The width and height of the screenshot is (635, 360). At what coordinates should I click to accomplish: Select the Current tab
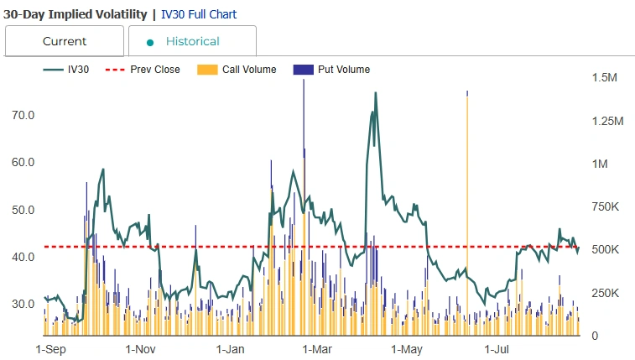point(65,41)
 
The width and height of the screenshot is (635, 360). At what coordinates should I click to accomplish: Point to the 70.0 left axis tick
point(23,115)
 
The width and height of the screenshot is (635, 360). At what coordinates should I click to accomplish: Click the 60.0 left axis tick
point(23,162)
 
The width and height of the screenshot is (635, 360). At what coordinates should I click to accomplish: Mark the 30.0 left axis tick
point(23,304)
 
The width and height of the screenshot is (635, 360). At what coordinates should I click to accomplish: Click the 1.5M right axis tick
point(605,78)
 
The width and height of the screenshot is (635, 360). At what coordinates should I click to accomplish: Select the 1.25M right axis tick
point(607,121)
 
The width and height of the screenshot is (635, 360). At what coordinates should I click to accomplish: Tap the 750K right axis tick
point(606,207)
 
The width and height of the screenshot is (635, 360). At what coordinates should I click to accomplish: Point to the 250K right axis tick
point(606,293)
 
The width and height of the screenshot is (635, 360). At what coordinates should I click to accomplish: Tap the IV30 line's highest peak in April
point(375,93)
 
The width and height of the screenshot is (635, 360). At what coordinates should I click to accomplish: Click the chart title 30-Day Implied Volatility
point(75,14)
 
